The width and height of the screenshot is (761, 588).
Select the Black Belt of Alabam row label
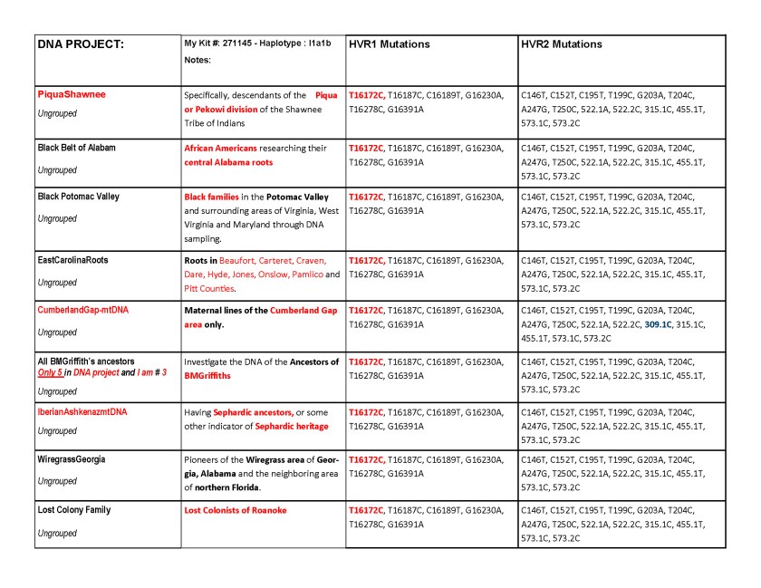coord(76,147)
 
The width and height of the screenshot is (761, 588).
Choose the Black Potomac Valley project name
coord(78,197)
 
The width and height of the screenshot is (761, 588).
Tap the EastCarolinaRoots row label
coord(72,260)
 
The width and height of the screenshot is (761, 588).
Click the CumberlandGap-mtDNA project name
coord(82,310)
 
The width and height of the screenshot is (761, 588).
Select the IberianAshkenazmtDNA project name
coord(82,411)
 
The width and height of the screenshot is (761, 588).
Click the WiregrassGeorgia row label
coord(71,459)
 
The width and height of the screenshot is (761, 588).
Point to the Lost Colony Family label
coord(74,510)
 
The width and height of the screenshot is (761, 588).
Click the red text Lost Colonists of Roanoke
coord(235,510)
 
